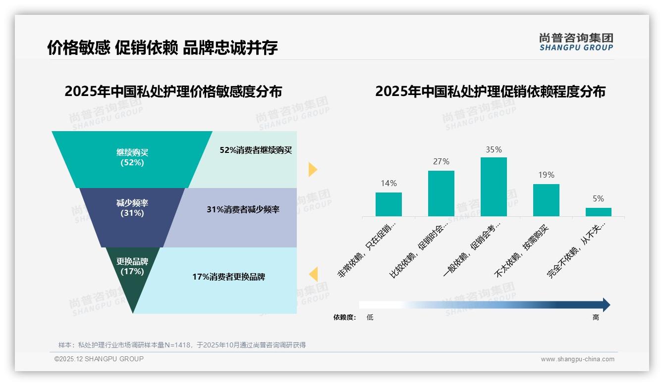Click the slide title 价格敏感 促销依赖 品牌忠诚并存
click(163, 48)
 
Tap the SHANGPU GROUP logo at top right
click(576, 42)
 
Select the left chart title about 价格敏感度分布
click(173, 92)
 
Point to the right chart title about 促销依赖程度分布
click(490, 92)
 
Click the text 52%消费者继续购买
click(256, 150)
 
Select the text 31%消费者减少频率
click(243, 210)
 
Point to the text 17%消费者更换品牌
click(229, 277)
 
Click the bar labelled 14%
click(388, 204)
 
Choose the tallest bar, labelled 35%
click(494, 187)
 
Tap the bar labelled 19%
click(546, 200)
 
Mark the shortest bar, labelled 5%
click(599, 212)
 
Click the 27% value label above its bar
click(441, 162)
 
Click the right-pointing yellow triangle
click(312, 169)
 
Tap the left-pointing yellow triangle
click(313, 274)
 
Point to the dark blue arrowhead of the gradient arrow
click(606, 305)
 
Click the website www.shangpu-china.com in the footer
click(577, 359)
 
